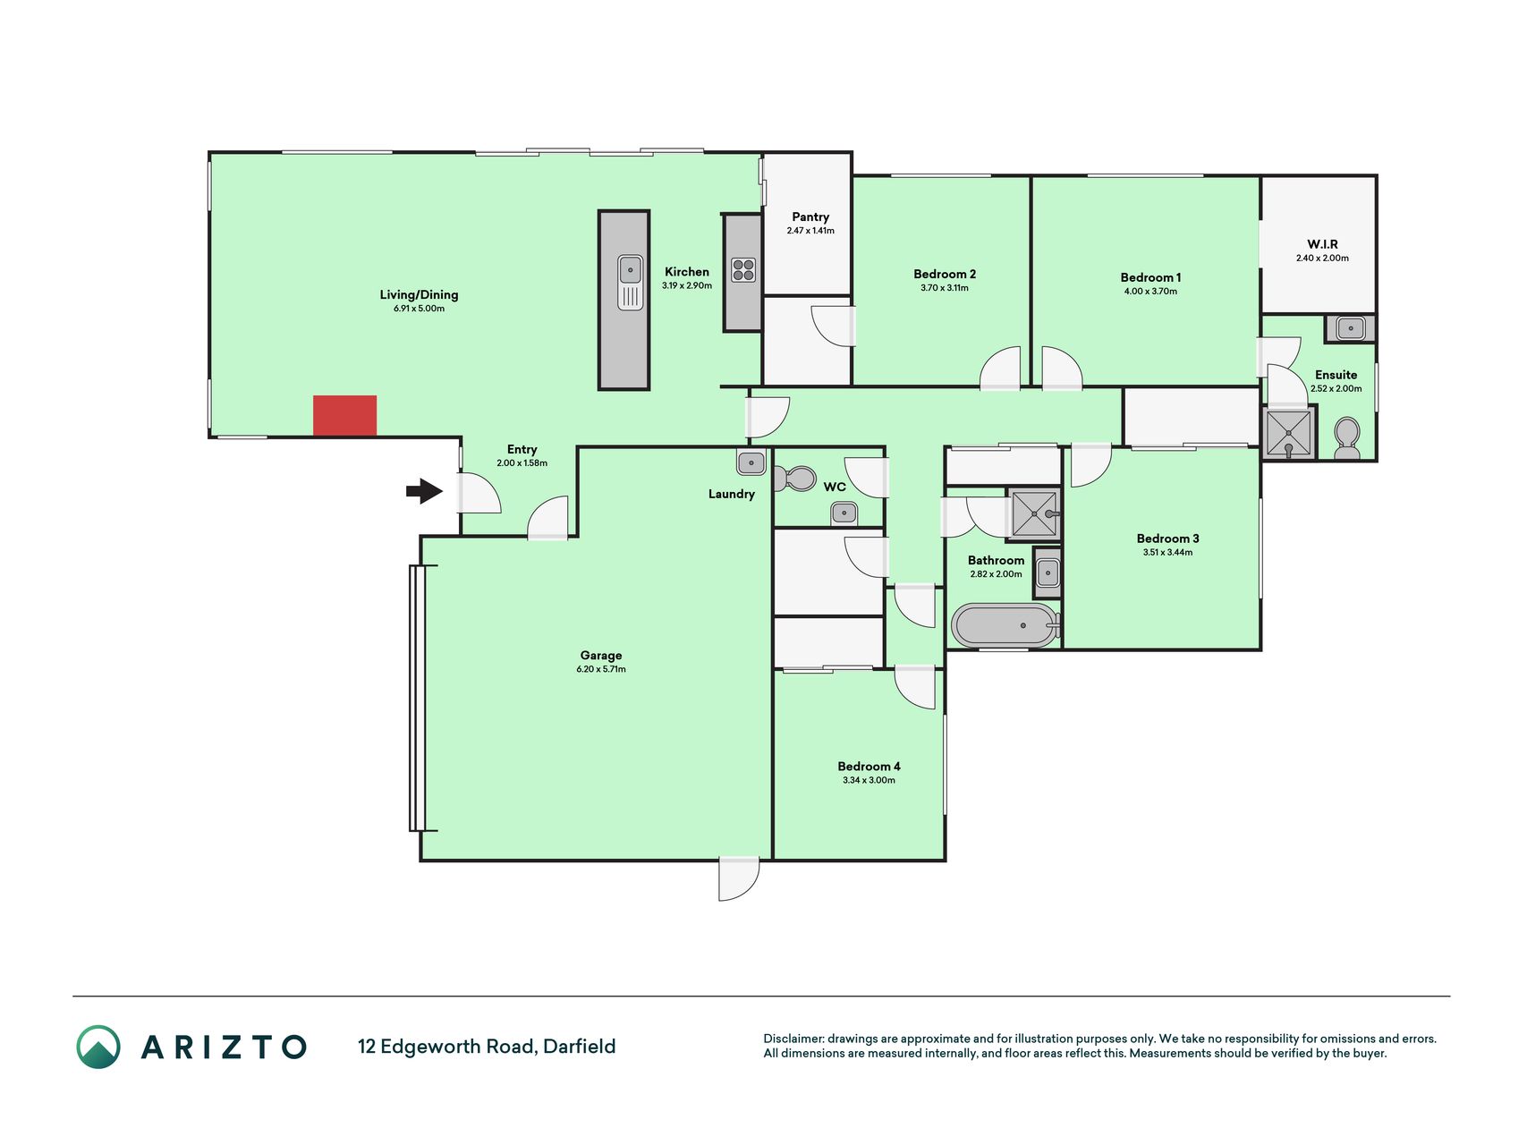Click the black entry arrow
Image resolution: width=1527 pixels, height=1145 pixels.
tap(424, 491)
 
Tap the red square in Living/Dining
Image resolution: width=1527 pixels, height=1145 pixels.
tap(344, 416)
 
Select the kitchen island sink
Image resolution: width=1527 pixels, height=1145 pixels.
tap(631, 282)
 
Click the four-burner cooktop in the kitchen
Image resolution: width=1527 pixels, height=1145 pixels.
tap(743, 270)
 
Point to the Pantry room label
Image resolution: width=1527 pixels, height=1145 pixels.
tap(810, 216)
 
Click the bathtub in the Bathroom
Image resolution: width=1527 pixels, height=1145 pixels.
tap(1005, 625)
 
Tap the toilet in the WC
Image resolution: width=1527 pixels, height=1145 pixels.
tap(794, 479)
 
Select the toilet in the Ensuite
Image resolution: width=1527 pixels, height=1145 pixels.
tap(1346, 438)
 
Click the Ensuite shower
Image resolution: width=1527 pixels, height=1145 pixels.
tap(1289, 433)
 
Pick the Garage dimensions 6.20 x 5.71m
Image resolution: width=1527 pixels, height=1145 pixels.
tap(601, 669)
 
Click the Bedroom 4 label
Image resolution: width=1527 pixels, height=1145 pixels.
tap(869, 766)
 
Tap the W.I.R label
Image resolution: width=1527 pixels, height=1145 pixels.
tap(1322, 244)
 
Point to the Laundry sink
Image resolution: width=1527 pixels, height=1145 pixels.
tap(751, 462)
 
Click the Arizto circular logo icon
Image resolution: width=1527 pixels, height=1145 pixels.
tap(98, 1047)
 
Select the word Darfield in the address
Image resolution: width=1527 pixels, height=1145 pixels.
tap(580, 1047)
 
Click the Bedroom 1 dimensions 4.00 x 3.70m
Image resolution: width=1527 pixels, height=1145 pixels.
tap(1150, 292)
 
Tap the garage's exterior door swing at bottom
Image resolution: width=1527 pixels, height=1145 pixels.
tap(739, 878)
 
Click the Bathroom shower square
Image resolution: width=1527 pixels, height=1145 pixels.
tap(1034, 514)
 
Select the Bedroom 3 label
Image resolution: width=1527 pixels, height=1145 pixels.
tap(1167, 539)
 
